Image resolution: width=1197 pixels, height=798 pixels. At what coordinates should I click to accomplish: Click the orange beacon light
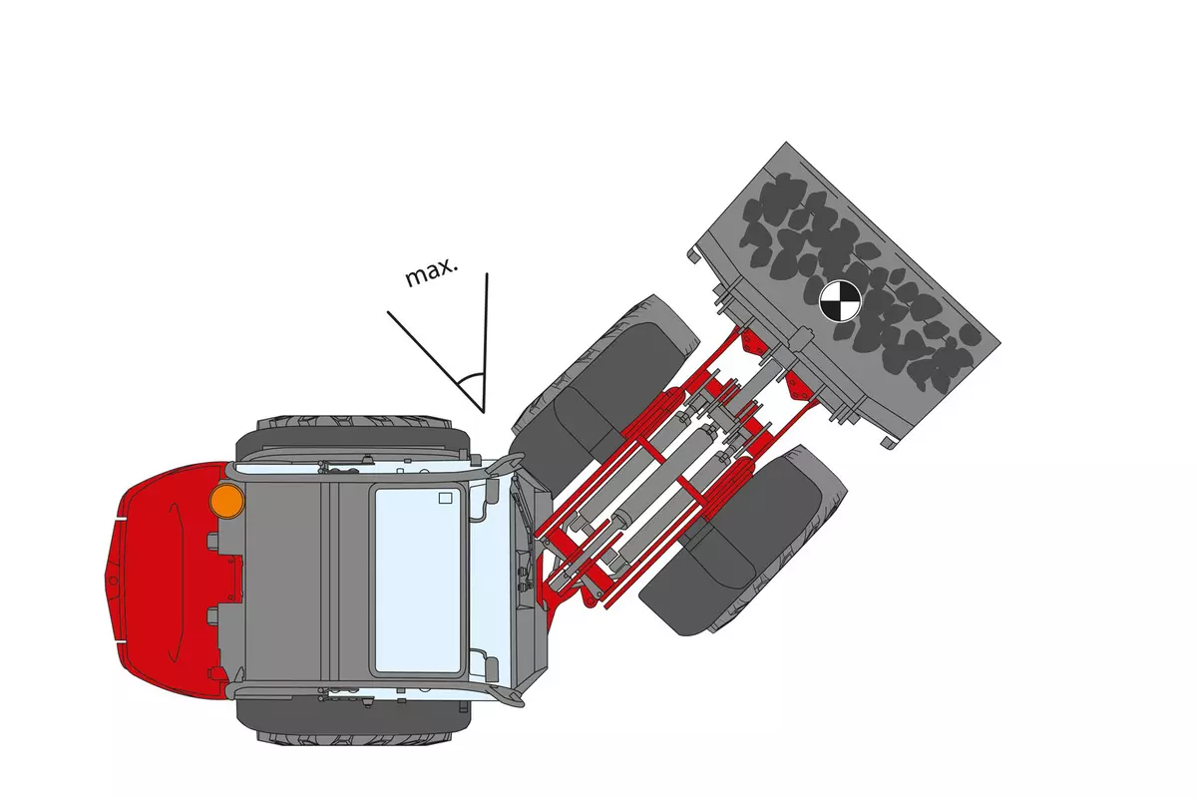227,501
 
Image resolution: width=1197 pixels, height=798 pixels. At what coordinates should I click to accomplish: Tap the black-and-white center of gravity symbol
840,301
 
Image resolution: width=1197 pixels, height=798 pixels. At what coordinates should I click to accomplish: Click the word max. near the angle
431,272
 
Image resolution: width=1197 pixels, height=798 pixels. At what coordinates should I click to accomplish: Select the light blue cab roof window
418,581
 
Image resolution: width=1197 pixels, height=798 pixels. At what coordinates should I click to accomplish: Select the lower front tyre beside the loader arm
743,540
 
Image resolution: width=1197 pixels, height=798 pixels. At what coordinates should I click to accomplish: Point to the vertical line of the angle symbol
485,343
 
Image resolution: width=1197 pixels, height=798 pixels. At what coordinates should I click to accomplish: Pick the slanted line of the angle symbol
436,362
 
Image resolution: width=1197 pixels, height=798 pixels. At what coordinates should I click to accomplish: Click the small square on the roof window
445,498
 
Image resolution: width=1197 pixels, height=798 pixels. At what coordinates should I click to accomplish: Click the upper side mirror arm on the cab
505,465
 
